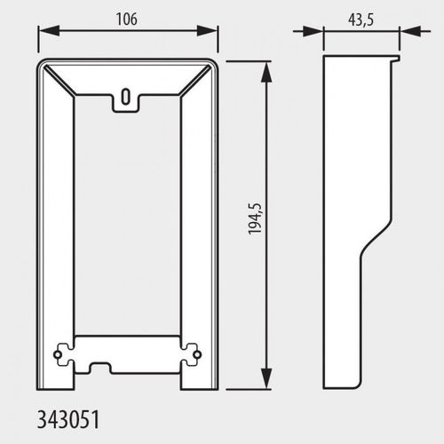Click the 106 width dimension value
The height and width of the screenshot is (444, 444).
(x=127, y=20)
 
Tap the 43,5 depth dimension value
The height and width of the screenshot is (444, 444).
(x=361, y=20)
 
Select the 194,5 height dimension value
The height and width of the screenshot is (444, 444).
(x=255, y=219)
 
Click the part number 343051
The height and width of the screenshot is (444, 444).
(x=68, y=419)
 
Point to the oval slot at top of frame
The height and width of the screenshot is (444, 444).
(x=126, y=97)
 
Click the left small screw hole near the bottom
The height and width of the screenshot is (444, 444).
(x=57, y=354)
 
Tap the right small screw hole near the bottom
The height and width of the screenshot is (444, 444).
(x=198, y=354)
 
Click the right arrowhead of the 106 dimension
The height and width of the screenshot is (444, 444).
(x=208, y=31)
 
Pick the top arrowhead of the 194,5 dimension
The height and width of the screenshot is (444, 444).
(x=266, y=72)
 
